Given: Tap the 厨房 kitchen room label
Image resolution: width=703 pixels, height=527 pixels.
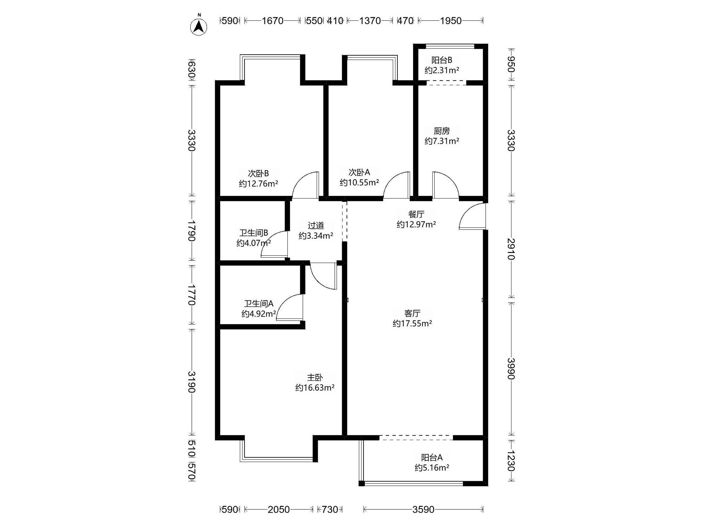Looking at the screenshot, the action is [442, 131].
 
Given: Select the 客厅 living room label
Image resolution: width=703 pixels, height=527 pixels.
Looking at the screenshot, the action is [412, 314].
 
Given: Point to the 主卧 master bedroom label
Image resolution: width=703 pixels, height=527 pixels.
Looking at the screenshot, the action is [315, 378].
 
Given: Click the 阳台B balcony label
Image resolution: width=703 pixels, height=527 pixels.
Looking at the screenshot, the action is [442, 60].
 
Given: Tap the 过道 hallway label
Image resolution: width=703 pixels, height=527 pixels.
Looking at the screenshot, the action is [316, 225].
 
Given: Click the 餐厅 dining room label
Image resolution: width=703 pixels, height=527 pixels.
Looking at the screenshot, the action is [416, 214].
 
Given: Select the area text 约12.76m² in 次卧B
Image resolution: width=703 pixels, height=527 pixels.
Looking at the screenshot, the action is [259, 184].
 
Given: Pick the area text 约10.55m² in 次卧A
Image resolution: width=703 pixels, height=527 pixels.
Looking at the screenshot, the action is [359, 182].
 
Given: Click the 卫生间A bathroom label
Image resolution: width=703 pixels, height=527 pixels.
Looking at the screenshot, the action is [259, 304].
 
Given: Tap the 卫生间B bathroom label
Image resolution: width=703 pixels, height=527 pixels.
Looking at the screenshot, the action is [254, 233].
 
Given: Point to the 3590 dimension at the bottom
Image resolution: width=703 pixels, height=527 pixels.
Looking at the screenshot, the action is [423, 509].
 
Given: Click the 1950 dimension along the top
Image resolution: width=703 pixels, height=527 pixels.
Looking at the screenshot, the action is [451, 21].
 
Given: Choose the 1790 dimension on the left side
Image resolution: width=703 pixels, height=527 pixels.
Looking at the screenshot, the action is [191, 231].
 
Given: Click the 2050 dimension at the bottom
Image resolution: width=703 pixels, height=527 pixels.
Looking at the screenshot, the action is [279, 509].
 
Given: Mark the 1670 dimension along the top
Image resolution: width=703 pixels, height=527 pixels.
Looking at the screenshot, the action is [272, 21].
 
